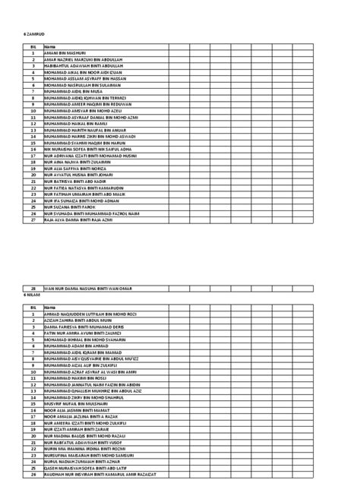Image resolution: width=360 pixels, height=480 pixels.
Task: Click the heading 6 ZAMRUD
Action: [x=34, y=35]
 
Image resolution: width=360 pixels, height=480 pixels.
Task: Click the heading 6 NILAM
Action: [x=32, y=295]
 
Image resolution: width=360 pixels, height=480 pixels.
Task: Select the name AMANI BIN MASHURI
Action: [x=65, y=52]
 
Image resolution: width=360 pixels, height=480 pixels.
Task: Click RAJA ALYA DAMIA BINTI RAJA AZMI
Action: [x=83, y=219]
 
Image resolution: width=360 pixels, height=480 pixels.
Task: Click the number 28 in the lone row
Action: [x=33, y=289]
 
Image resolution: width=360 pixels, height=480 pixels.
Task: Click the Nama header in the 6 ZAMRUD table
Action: [x=50, y=46]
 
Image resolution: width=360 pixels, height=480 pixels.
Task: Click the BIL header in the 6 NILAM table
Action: [x=33, y=307]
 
